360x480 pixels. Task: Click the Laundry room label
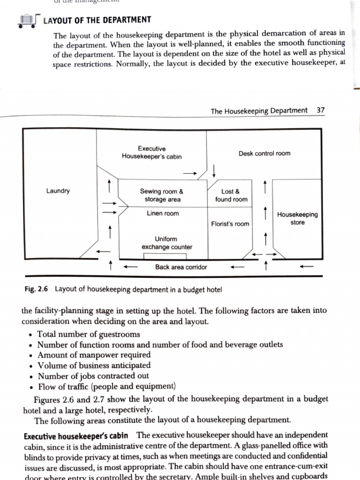tap(58, 191)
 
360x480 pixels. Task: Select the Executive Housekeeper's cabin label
tap(151, 153)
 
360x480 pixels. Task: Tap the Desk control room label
tap(264, 153)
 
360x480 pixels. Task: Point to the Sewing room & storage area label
tap(161, 195)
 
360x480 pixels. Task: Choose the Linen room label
tap(163, 214)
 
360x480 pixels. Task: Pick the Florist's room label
tap(230, 224)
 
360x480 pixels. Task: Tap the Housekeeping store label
tap(297, 218)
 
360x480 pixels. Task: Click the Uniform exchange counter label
tap(166, 243)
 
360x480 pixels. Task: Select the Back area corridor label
tap(181, 267)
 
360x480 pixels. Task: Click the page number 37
tap(321, 111)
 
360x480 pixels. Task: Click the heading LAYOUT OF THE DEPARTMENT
tap(97, 20)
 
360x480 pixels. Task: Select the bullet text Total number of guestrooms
tap(88, 334)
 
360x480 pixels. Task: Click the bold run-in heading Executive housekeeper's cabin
tap(78, 435)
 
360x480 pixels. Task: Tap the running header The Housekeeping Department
tap(259, 111)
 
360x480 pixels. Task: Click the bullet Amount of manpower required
tap(94, 355)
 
